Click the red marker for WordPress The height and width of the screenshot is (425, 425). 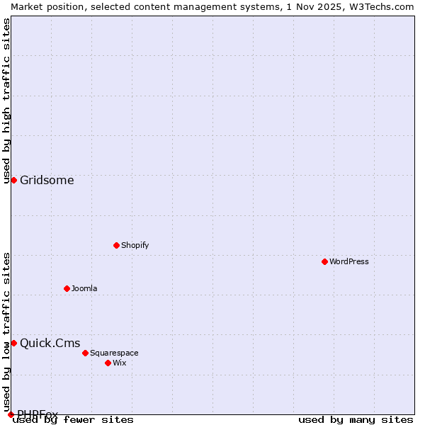coord(324,261)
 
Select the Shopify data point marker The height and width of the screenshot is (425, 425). coord(116,245)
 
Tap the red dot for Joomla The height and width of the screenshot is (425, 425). coord(67,288)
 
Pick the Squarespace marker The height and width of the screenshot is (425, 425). coord(85,353)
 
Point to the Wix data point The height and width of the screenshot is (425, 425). coord(108,363)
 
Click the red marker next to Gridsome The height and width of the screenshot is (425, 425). coord(13,180)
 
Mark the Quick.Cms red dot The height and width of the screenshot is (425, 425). coord(13,343)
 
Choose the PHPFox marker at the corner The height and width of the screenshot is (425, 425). coord(11,414)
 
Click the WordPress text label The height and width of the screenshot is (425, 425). coord(349,261)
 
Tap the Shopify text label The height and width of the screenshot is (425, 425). coord(135,245)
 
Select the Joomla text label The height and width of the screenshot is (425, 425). coord(84,288)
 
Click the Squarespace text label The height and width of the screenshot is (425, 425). coord(114,353)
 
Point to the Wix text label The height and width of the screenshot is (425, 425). coord(120,363)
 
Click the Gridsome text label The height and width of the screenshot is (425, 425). coord(47,180)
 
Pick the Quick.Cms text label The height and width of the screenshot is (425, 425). coord(50,344)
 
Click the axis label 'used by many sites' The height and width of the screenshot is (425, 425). coord(356,420)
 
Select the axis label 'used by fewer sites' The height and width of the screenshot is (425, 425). coord(74,420)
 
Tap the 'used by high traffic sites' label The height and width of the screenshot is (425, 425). coord(6,101)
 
